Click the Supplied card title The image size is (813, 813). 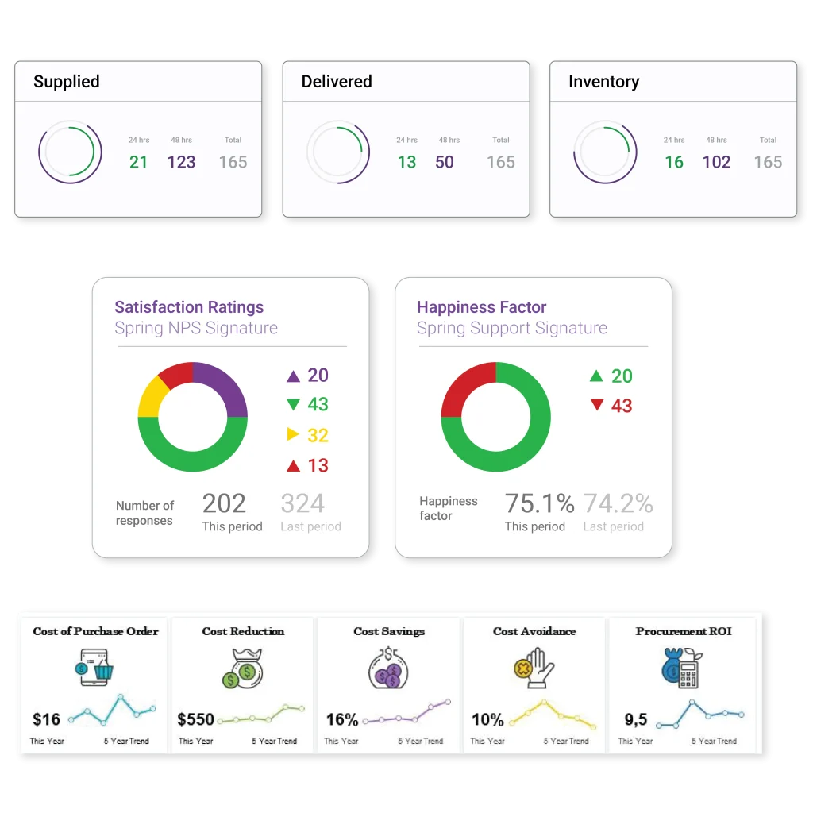pos(67,82)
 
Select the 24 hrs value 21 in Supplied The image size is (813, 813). pos(138,162)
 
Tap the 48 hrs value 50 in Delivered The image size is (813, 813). pos(445,162)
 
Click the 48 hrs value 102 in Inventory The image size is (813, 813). pos(716,162)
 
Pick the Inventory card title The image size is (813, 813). pos(603,82)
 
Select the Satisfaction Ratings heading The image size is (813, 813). pos(189,307)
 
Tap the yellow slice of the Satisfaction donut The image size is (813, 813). pos(150,397)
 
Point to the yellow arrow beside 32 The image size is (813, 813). pos(293,434)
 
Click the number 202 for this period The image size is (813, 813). pos(224,503)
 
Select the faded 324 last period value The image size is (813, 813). pos(302,503)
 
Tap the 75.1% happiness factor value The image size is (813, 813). pos(539,503)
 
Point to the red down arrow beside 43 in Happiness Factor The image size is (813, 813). pos(597,406)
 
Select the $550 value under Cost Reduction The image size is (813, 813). pos(195,719)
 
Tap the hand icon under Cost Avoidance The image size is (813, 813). pos(535,667)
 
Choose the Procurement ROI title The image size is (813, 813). pos(683,631)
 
